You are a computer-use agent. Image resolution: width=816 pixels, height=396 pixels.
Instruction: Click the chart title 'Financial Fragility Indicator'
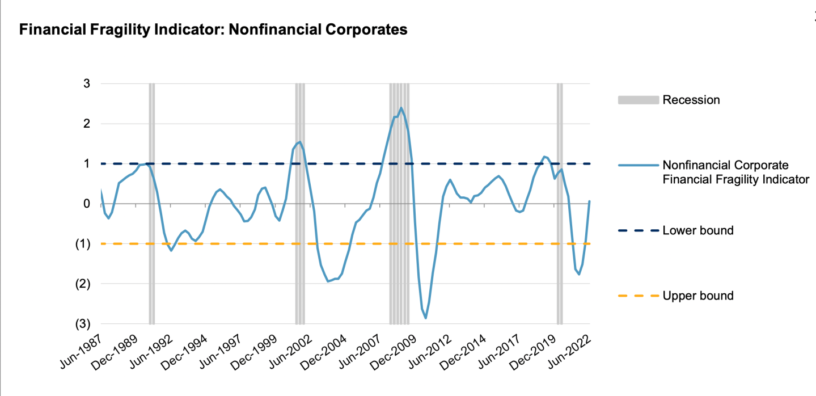pyautogui.click(x=213, y=30)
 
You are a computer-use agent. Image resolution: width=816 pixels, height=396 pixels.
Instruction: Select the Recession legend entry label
pyautogui.click(x=691, y=100)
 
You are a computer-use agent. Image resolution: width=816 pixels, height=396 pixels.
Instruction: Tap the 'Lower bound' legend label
pyautogui.click(x=697, y=230)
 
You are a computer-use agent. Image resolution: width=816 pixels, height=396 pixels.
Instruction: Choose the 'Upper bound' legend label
pyautogui.click(x=697, y=296)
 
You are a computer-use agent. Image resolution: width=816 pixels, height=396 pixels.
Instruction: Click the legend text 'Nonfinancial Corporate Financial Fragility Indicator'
pyautogui.click(x=735, y=172)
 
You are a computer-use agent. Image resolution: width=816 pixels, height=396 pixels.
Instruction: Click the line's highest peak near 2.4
pyautogui.click(x=401, y=108)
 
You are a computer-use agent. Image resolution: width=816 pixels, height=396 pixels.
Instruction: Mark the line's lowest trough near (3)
pyautogui.click(x=425, y=318)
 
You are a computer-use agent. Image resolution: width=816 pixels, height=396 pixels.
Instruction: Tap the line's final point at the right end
pyautogui.click(x=590, y=201)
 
